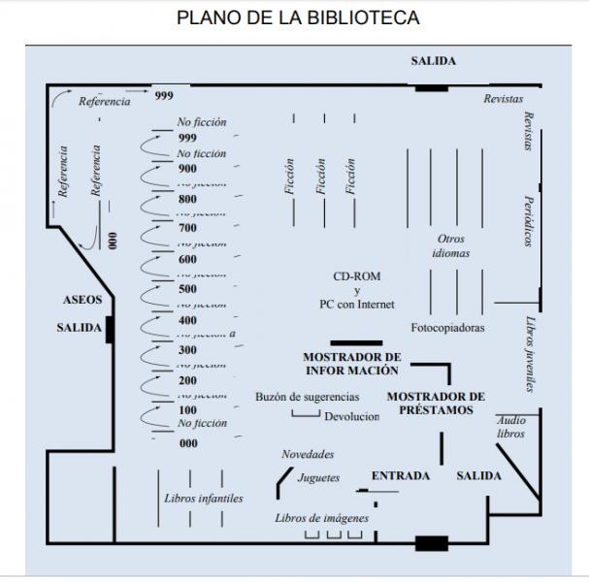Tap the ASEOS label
82,300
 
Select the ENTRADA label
401,475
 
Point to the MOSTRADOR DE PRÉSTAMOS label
436,403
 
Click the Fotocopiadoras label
447,328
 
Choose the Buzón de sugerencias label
308,397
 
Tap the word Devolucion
352,416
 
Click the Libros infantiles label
204,499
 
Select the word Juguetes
319,477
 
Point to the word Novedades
308,454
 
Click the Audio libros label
511,427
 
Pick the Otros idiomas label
451,245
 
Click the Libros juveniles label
530,354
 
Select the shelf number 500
187,289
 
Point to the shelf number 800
187,199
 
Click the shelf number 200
187,380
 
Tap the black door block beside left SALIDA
111,329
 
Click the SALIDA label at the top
433,61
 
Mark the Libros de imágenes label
322,518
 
